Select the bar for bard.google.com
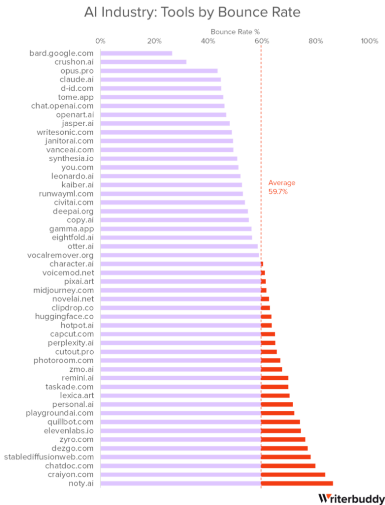pyautogui.click(x=136, y=53)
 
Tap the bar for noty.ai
pyautogui.click(x=217, y=483)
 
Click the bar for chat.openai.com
pyautogui.click(x=162, y=106)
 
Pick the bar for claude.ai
pyautogui.click(x=160, y=80)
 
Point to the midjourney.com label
pyautogui.click(x=63, y=290)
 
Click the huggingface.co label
pyautogui.click(x=64, y=317)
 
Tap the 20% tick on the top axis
pyautogui.click(x=154, y=41)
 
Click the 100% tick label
pyautogui.click(x=369, y=41)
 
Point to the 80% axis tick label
pyautogui.click(x=315, y=41)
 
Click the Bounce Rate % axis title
pyautogui.click(x=231, y=32)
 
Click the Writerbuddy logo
pyautogui.click(x=350, y=498)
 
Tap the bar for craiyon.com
pyautogui.click(x=213, y=474)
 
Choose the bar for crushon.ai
pyautogui.click(x=143, y=62)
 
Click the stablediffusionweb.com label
pyautogui.click(x=49, y=457)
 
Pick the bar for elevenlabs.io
pyautogui.click(x=201, y=431)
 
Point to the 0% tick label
pyautogui.click(x=100, y=41)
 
